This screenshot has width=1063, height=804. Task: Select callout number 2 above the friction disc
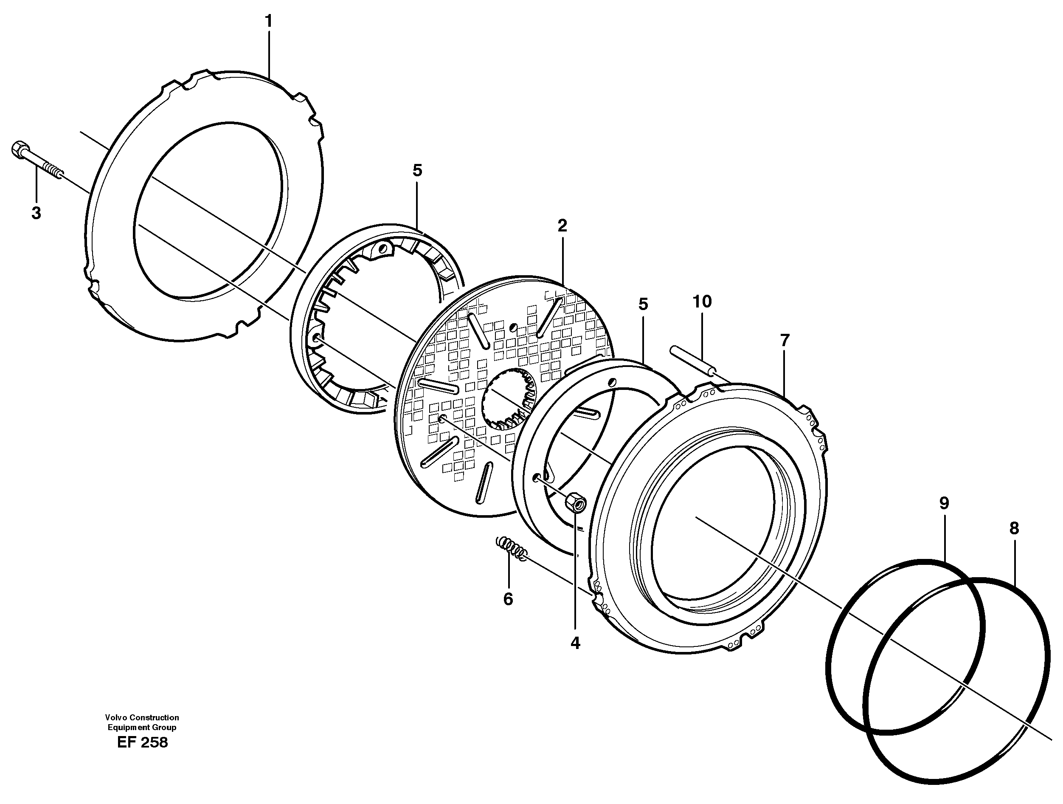point(562,226)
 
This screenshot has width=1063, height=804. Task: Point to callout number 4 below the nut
point(575,643)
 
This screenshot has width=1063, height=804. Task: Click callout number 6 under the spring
point(508,599)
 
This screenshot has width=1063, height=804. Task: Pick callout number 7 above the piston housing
point(784,341)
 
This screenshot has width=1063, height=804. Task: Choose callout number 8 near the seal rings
point(1014,529)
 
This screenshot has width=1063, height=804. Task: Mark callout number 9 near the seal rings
point(944,503)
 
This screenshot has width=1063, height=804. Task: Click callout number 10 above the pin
point(702,302)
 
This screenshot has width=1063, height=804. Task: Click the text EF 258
point(142,742)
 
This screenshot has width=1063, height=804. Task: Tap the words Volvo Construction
point(142,717)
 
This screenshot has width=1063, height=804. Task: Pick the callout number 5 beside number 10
point(643,305)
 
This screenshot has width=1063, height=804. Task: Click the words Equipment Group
point(142,728)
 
